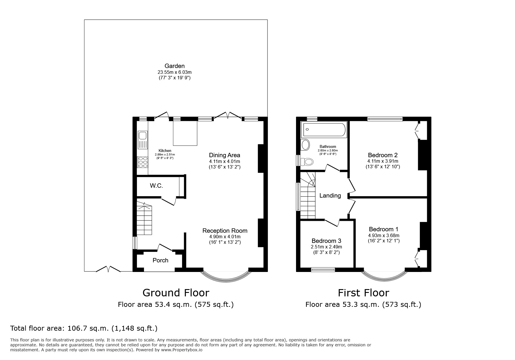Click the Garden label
point(174,66)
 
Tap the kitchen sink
point(142,136)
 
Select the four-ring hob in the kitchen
point(142,162)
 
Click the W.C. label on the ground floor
point(156,186)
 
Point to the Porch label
point(161,260)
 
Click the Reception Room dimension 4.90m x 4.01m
point(225,237)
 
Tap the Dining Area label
point(224,155)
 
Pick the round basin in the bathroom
point(305,145)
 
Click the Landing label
point(330,196)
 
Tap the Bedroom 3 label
point(326,241)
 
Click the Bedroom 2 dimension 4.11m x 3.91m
point(383,161)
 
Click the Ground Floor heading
point(176,293)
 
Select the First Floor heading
point(363,293)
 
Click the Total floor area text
point(84,328)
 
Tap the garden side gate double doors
point(108,269)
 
